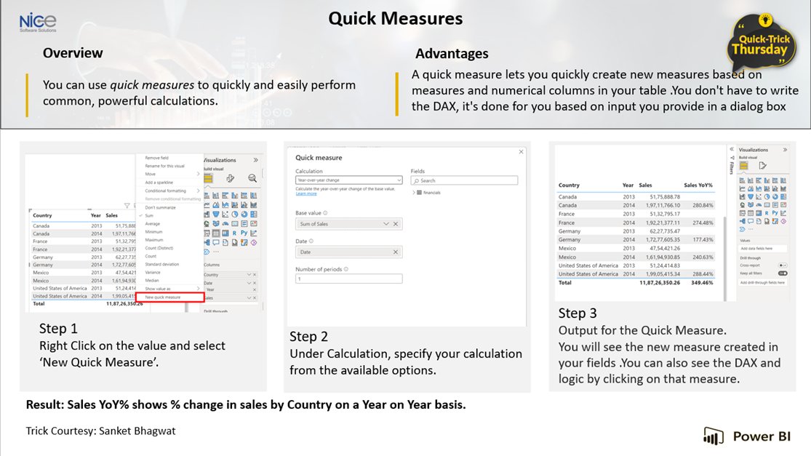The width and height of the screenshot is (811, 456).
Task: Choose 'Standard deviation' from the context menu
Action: [x=161, y=264]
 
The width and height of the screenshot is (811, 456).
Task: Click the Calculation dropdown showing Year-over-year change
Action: [x=348, y=180]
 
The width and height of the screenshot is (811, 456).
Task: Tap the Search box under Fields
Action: [x=464, y=180]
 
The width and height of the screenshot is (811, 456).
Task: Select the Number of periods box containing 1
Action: [x=348, y=279]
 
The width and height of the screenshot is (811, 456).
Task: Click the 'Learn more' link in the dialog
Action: [x=306, y=193]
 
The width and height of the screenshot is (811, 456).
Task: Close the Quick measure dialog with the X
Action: [x=520, y=151]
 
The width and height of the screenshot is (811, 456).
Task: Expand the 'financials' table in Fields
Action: [x=415, y=193]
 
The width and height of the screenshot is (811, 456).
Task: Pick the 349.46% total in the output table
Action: [x=700, y=282]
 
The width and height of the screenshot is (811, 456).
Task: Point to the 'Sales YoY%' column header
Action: [x=698, y=185]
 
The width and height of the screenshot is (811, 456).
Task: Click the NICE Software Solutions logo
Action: [x=38, y=23]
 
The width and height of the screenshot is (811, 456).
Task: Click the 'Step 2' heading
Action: [x=308, y=336]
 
